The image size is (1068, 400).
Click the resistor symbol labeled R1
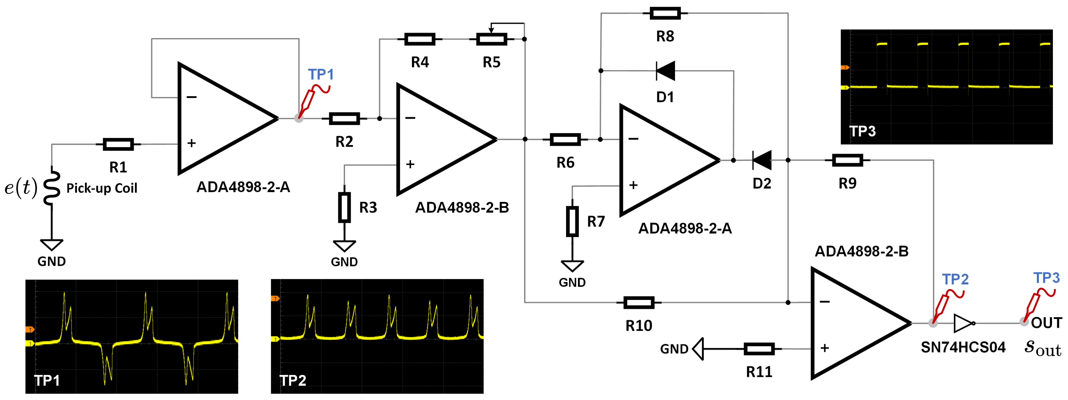click(118, 144)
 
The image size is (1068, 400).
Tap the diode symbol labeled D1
click(665, 71)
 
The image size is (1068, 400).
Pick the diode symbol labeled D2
click(762, 160)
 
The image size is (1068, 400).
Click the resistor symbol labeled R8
click(665, 13)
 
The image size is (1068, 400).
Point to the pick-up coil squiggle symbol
click(52, 187)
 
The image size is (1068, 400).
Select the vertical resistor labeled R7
click(572, 222)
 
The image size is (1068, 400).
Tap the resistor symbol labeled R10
click(639, 303)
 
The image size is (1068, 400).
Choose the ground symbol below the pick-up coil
click(52, 245)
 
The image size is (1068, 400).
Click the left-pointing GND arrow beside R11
click(699, 349)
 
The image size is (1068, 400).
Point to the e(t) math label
click(21, 187)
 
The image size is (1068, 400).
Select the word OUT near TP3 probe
click(1046, 323)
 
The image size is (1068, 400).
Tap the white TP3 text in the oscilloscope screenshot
click(862, 131)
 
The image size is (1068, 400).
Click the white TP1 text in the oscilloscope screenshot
click(47, 380)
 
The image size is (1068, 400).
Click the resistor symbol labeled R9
click(847, 160)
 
